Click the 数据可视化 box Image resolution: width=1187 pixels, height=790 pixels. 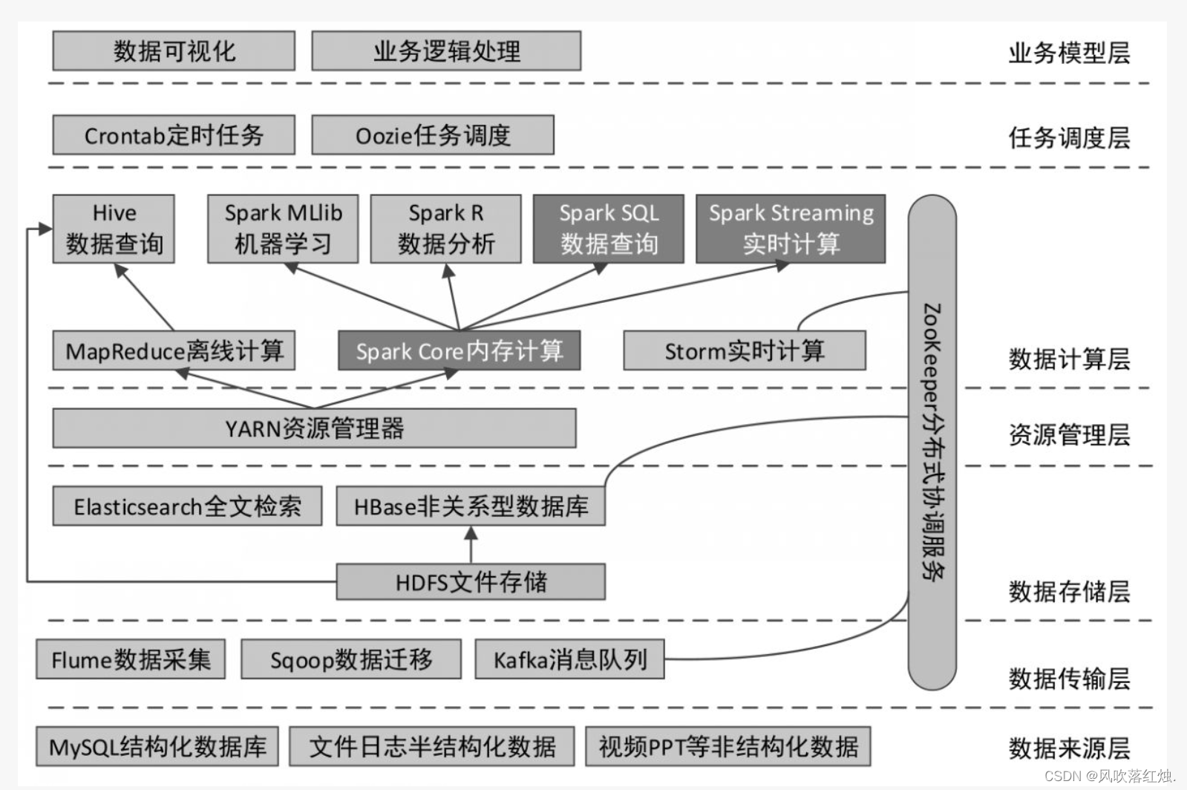click(x=174, y=50)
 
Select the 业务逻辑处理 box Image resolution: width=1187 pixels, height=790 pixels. click(x=446, y=50)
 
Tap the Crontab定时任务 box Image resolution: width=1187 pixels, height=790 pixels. click(x=174, y=135)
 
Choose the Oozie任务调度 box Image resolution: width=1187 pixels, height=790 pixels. click(x=433, y=135)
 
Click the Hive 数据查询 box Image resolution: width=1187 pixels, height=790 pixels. click(x=114, y=229)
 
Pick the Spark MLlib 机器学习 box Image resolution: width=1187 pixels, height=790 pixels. click(x=283, y=229)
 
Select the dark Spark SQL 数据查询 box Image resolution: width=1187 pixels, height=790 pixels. click(x=609, y=229)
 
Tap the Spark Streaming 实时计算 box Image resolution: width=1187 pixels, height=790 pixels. click(x=791, y=229)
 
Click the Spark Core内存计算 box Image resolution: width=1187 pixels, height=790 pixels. click(x=459, y=350)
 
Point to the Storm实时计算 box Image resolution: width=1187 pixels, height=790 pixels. click(x=744, y=350)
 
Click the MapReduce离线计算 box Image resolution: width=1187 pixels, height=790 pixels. click(x=174, y=350)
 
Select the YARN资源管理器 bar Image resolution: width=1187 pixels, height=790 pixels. click(x=314, y=428)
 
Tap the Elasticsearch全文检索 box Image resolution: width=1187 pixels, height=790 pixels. click(x=187, y=506)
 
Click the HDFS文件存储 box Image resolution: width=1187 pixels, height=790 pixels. click(x=471, y=581)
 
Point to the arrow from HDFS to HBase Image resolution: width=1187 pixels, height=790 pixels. click(x=471, y=545)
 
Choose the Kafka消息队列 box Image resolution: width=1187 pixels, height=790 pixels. click(x=569, y=659)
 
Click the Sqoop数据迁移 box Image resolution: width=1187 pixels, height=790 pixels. click(x=351, y=659)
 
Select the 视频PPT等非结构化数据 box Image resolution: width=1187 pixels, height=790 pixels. click(x=727, y=746)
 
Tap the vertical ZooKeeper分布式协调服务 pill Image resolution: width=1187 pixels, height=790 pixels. click(x=932, y=442)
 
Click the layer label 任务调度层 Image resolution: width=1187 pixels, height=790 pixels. click(x=1068, y=137)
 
